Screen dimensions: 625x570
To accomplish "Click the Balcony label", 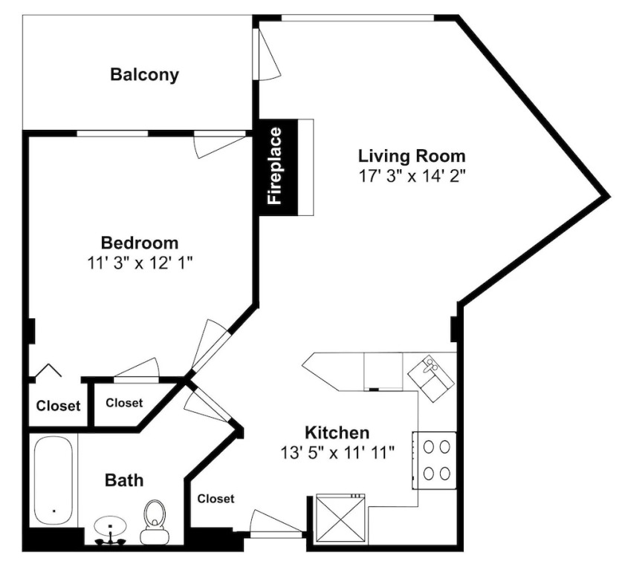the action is point(144,75).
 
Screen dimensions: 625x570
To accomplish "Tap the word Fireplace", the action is point(275,166).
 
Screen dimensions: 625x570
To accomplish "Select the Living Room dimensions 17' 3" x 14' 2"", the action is point(412,176).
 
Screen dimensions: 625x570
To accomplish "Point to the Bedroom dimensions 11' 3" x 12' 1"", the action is point(140,263).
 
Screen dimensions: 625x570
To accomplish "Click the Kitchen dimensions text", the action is point(337,453).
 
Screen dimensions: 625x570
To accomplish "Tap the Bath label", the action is point(124,480).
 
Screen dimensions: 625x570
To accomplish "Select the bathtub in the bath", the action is point(54,481).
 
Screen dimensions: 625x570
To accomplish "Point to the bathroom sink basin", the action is point(110,526).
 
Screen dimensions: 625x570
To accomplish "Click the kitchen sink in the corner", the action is point(431,378).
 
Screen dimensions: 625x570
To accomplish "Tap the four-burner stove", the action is point(435,460).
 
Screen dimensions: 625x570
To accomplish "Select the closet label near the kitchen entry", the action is point(216,498).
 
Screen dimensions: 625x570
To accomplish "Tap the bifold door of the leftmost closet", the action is point(48,370).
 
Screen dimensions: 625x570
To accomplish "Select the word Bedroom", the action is point(140,243).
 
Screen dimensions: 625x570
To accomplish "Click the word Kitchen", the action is point(337,432).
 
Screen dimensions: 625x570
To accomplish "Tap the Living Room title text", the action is point(412,156).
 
